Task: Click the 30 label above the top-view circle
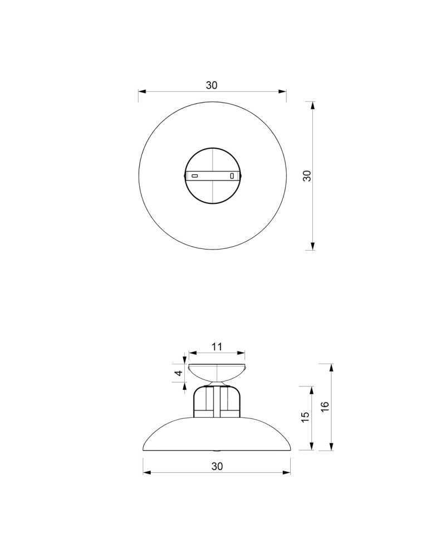(x=212, y=85)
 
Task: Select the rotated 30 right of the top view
(x=306, y=176)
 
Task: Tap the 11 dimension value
(x=217, y=346)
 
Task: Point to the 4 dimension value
(x=179, y=373)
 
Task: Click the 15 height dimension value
(x=305, y=418)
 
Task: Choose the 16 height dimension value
(x=326, y=407)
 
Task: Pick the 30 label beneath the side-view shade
(x=217, y=467)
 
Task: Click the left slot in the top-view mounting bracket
(x=195, y=176)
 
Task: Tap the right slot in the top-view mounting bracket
(x=232, y=176)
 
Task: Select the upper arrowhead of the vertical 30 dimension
(x=312, y=105)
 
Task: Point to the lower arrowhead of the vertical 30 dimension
(x=312, y=247)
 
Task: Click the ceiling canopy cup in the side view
(x=217, y=372)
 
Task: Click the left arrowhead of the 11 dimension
(x=192, y=353)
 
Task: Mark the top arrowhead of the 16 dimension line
(x=332, y=367)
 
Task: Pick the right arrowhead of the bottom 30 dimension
(x=287, y=473)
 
